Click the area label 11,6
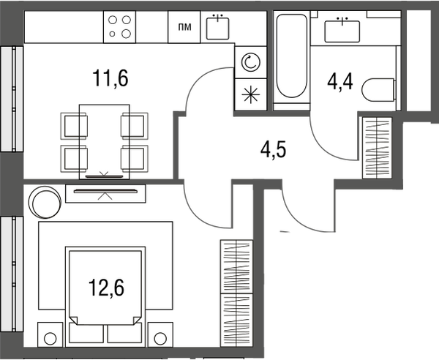point(110,78)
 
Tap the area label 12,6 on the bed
point(106,288)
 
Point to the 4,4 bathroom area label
point(340,81)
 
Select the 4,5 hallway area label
point(273,150)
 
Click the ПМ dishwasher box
point(184,27)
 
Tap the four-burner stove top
point(119,27)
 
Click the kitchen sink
point(217,28)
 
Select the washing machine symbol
point(250,62)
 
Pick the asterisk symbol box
point(250,94)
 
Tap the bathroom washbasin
point(342,31)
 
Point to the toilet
point(378,90)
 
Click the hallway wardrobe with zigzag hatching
point(377,148)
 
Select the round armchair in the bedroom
point(45,202)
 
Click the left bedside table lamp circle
point(50,339)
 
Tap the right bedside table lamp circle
point(160,339)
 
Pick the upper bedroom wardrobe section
point(236,266)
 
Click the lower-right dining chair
point(135,159)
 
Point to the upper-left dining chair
point(74,126)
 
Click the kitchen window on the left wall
point(12,99)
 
